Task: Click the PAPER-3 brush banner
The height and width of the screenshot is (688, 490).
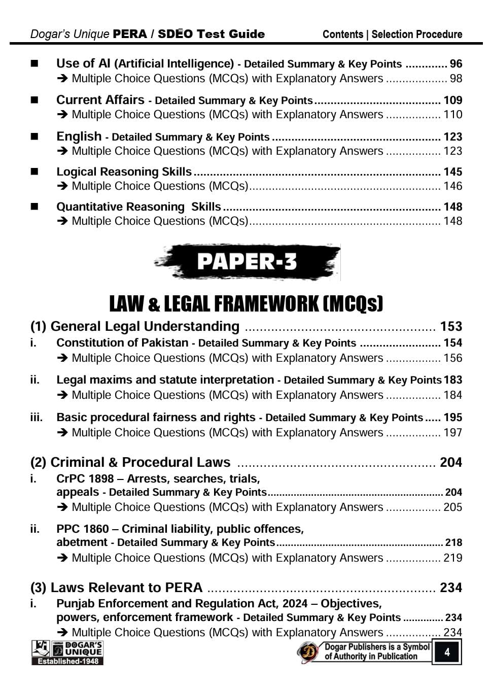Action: [247, 262]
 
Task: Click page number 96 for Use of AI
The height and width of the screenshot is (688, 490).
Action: [456, 64]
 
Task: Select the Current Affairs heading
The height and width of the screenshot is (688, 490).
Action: [100, 100]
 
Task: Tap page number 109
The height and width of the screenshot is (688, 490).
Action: [452, 100]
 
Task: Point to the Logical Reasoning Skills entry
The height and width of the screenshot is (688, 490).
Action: [124, 171]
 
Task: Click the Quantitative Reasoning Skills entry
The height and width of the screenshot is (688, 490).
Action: [138, 207]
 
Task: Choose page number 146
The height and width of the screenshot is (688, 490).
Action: [452, 186]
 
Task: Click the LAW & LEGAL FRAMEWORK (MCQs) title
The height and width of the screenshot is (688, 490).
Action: [246, 303]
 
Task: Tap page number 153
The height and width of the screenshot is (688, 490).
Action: [451, 326]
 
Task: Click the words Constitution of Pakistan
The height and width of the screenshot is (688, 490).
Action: [122, 343]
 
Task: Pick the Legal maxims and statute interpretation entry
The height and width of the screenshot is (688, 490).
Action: [165, 380]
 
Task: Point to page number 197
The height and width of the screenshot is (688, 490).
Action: [452, 432]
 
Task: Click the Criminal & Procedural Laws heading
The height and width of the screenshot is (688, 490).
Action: [130, 462]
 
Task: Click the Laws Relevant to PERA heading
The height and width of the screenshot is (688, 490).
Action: [116, 588]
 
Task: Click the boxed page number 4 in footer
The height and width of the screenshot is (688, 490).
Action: [447, 651]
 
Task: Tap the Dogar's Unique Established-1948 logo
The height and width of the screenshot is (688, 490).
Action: [67, 652]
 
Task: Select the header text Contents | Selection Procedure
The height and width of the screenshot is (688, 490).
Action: [392, 35]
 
